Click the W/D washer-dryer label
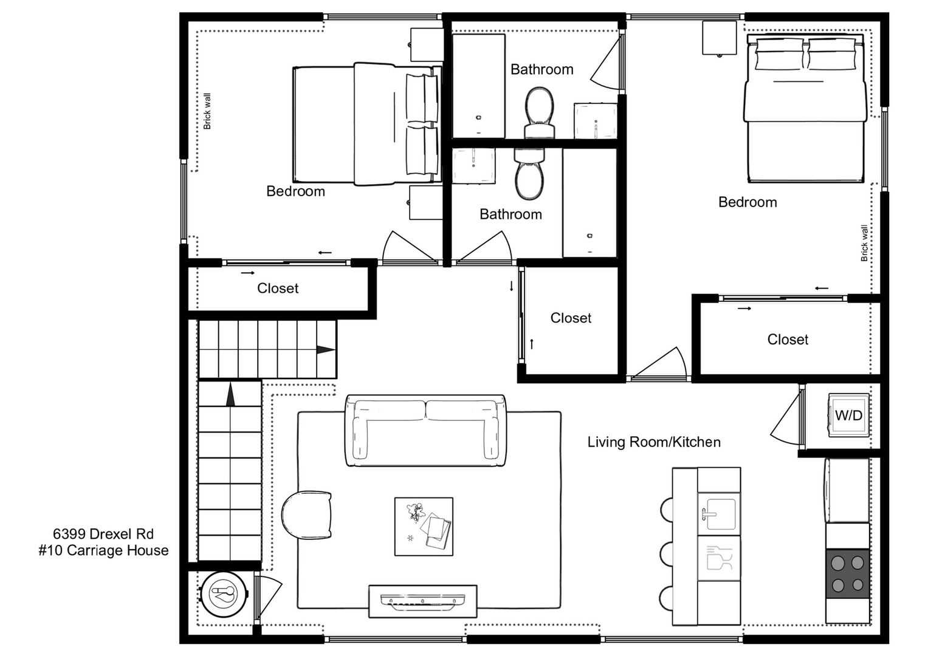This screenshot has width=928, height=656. tap(848, 415)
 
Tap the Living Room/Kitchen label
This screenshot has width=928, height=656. tap(654, 442)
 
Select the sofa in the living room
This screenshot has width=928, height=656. tap(425, 431)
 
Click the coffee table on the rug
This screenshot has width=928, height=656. tap(424, 527)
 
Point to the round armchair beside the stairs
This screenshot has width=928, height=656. tap(306, 515)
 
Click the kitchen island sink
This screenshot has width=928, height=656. tap(719, 514)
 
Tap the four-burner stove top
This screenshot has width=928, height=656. tap(847, 573)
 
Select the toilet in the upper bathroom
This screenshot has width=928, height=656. tap(540, 112)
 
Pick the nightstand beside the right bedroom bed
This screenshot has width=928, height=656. tap(719, 38)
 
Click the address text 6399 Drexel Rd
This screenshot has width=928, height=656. tap(103, 534)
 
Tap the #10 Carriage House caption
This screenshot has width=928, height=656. tap(103, 550)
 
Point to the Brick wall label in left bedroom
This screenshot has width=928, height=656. tap(207, 111)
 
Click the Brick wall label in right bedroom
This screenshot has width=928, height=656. tap(864, 243)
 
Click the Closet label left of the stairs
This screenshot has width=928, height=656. tap(278, 289)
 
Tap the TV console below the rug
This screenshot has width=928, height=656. tap(422, 601)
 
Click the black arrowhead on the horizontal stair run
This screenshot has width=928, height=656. tap(326, 350)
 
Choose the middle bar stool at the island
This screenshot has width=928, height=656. tap(666, 554)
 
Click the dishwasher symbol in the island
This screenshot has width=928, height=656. tap(719, 558)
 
